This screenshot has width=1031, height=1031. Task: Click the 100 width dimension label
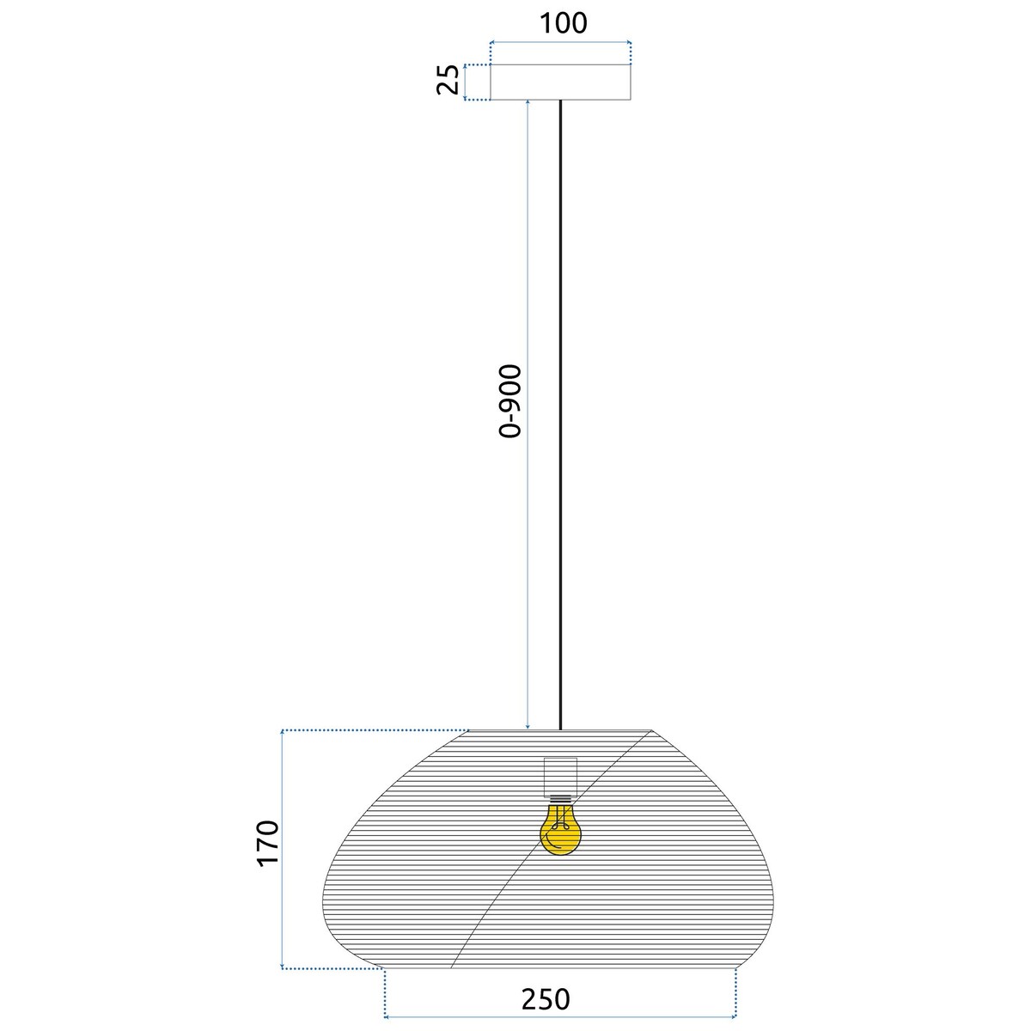tap(563, 23)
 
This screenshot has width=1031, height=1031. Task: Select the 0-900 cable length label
tap(510, 402)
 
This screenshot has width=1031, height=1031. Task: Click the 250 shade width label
tap(545, 999)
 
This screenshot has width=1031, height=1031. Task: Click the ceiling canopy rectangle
tap(560, 82)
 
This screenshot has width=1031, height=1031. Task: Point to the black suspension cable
tap(560, 412)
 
